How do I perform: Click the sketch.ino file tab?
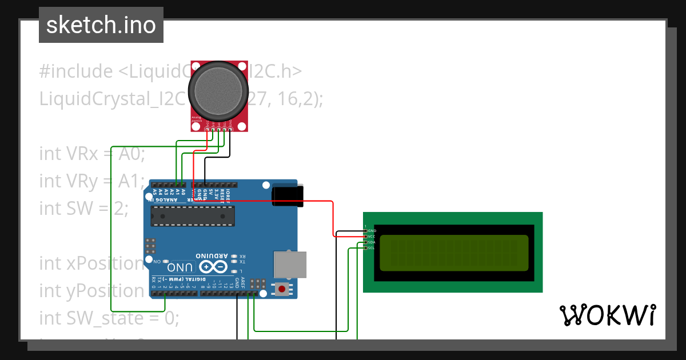coord(101,25)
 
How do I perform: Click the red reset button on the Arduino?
coord(281,289)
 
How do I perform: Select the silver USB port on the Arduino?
coord(290,265)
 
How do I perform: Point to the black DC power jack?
coord(288,195)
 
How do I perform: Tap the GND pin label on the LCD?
coord(372,231)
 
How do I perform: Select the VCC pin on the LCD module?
coord(372,237)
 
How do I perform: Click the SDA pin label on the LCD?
coord(372,242)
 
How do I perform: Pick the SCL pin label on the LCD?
coord(372,248)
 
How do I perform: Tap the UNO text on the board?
coord(179,267)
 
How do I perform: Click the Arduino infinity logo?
coord(213,267)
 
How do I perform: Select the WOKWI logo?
coord(607,315)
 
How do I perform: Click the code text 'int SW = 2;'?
coord(84,208)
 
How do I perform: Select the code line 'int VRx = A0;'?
coord(93,154)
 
